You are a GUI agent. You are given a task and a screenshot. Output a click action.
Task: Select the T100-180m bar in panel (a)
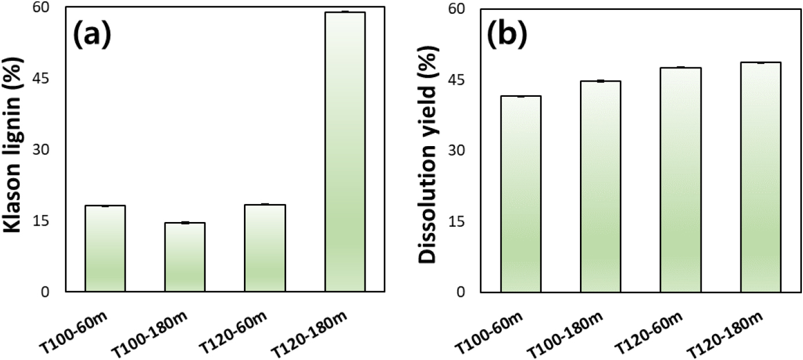pos(185,257)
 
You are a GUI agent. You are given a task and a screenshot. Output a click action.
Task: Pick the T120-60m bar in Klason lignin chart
pos(265,248)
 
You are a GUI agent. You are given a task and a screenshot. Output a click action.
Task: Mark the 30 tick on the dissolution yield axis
pos(460,150)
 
